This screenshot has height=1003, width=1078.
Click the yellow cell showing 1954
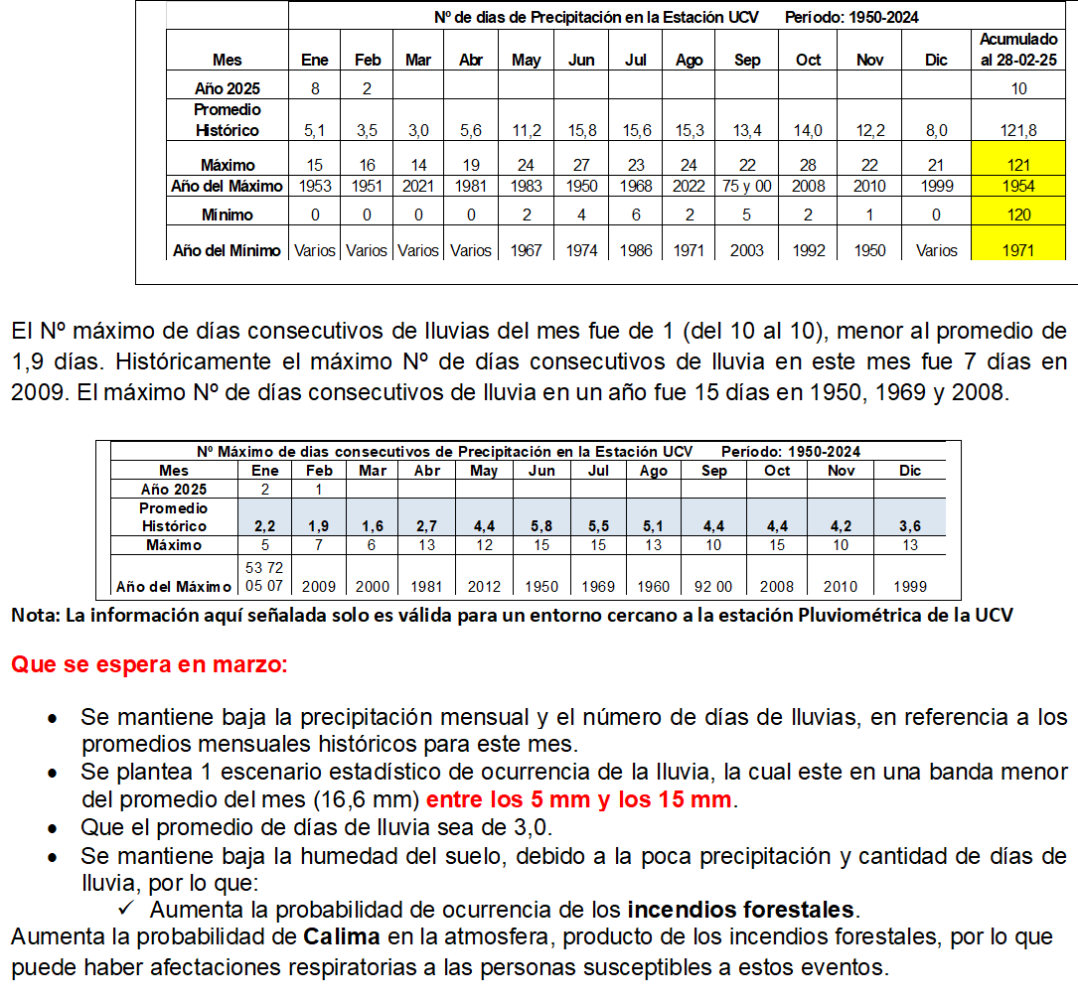[1018, 186]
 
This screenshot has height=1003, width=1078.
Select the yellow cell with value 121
[1018, 165]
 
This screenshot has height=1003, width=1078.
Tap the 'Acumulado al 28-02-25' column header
[1018, 50]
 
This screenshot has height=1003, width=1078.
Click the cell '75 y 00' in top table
[747, 186]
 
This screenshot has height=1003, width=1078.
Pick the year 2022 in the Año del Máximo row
[689, 186]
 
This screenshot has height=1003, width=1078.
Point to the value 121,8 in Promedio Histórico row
[1018, 130]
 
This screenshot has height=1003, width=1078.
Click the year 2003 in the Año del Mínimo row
[747, 250]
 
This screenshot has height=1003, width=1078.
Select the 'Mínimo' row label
[228, 215]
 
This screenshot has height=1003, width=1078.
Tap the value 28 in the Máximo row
[809, 165]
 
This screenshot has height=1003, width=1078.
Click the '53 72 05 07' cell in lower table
[265, 576]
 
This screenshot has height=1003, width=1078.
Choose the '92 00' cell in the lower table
[714, 586]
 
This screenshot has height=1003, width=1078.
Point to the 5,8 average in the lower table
[541, 526]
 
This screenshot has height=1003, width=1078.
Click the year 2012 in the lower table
[484, 586]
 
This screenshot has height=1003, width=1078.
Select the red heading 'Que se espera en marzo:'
[149, 664]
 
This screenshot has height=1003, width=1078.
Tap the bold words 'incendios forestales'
[740, 909]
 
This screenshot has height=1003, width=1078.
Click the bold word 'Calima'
[343, 936]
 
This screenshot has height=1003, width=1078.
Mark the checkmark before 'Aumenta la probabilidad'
[126, 909]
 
